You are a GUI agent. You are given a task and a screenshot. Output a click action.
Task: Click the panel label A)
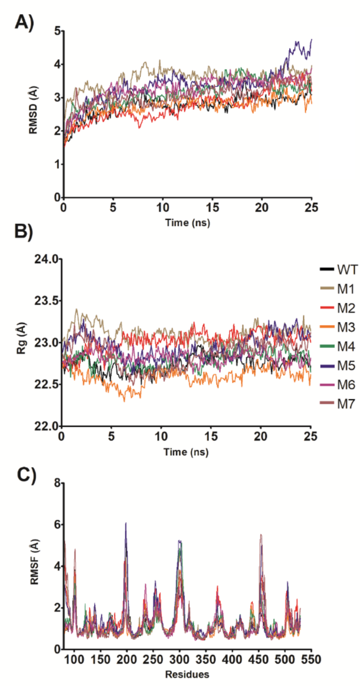coord(24,22)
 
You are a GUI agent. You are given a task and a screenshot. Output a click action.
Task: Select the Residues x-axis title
coord(180,674)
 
